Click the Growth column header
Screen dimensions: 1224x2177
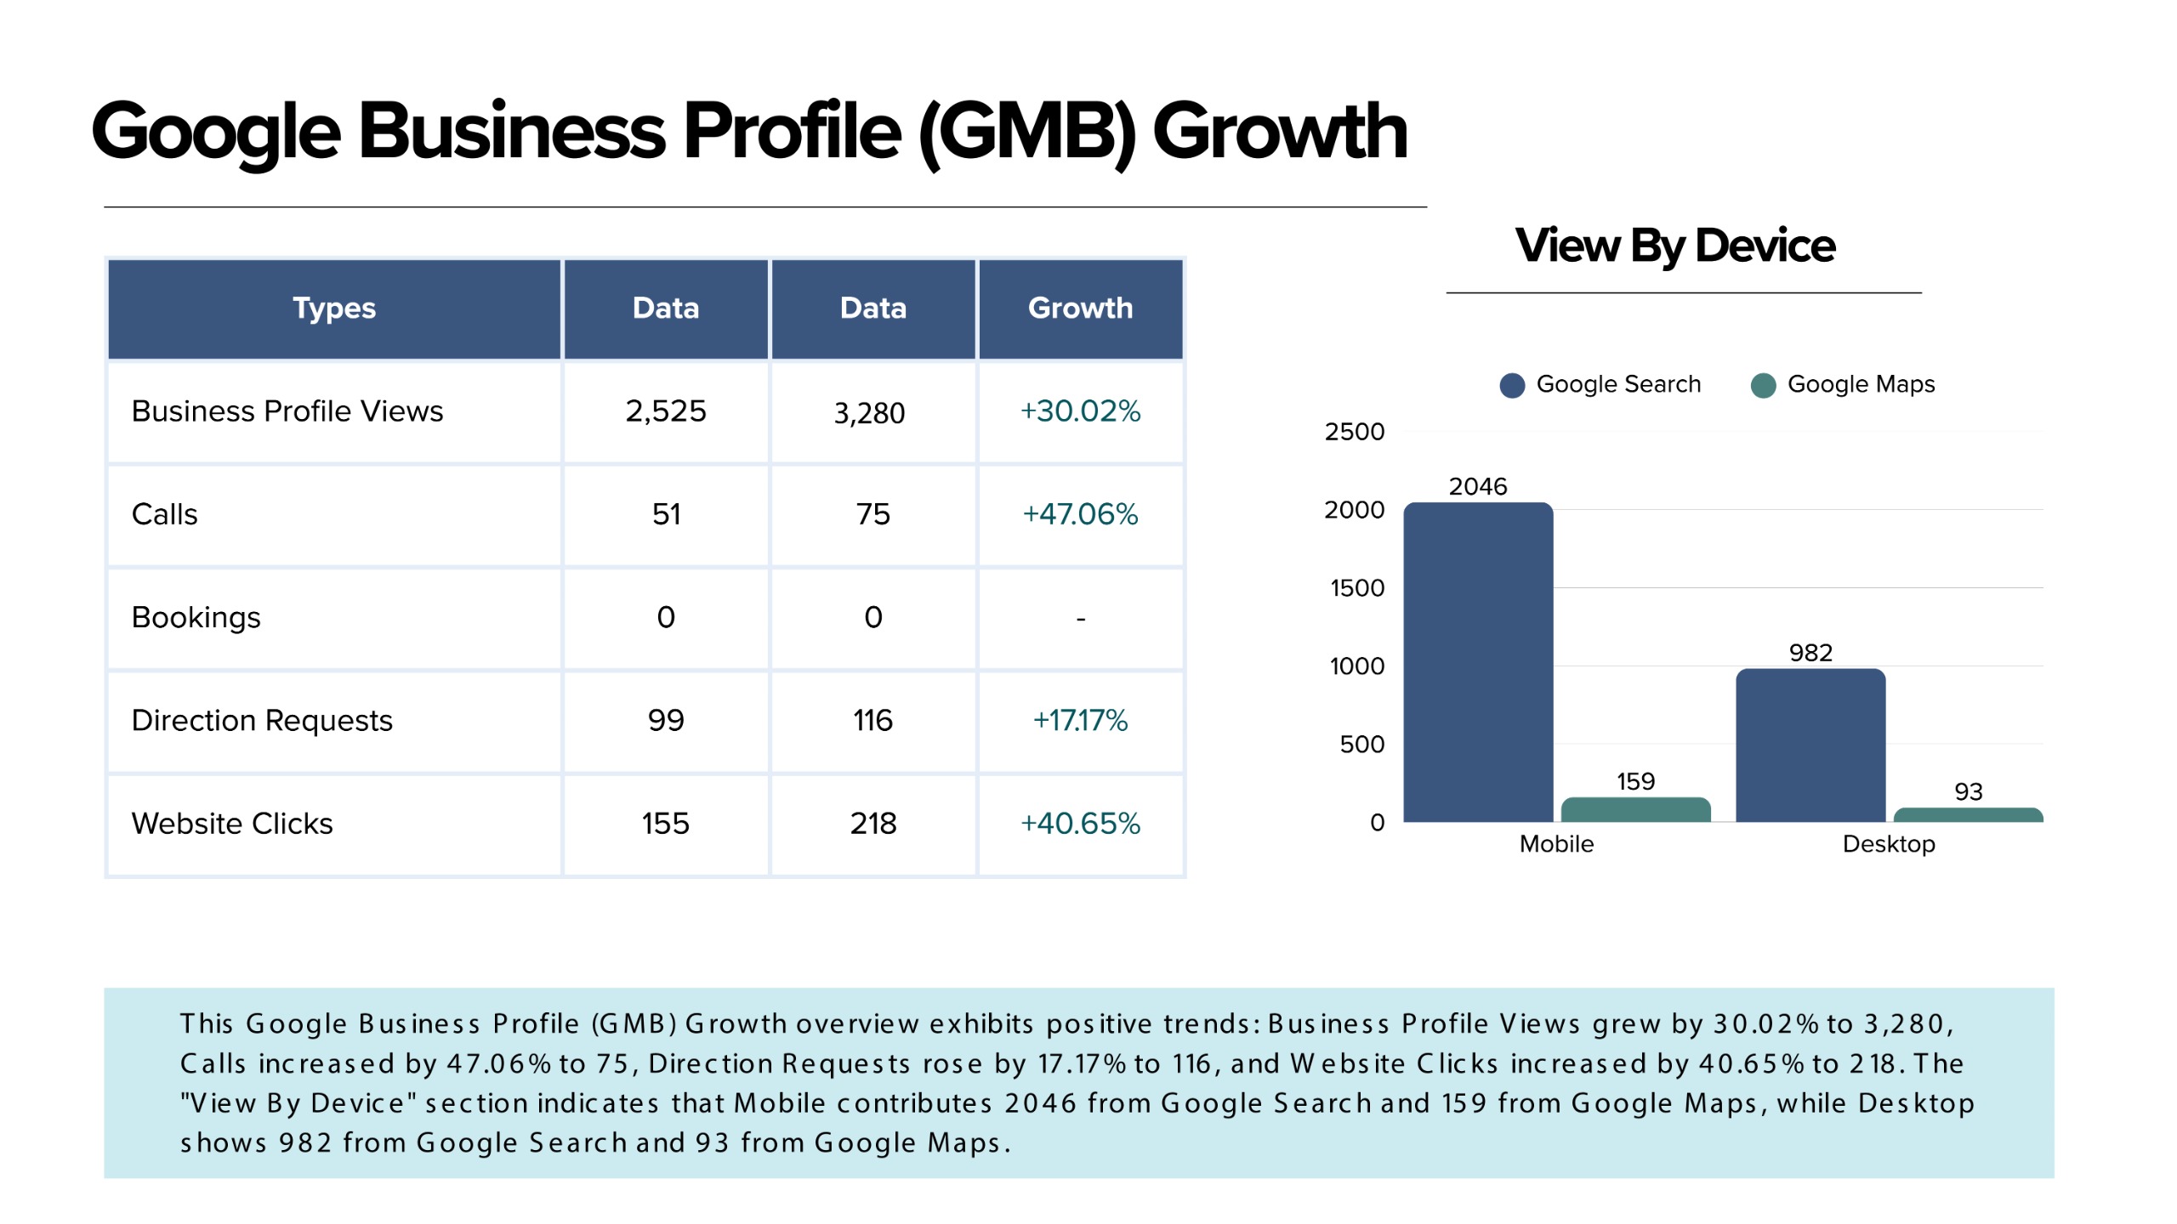(x=1080, y=308)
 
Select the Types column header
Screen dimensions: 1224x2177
(x=334, y=308)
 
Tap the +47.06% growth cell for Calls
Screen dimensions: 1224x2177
(x=1080, y=514)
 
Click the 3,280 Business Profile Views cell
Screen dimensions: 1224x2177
(x=869, y=413)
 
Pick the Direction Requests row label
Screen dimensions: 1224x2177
(x=262, y=721)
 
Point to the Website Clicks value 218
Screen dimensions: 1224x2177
(x=873, y=824)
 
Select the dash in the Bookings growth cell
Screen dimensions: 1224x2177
(x=1081, y=619)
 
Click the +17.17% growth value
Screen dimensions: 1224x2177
(x=1080, y=721)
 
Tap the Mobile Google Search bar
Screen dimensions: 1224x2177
(x=1478, y=663)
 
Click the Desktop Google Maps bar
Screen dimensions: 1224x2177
(x=1968, y=815)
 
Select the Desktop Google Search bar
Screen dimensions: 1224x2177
(x=1810, y=745)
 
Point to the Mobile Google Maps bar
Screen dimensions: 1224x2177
(x=1635, y=810)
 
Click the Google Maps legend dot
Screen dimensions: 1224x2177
(x=1764, y=385)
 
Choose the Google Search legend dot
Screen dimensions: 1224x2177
(x=1512, y=385)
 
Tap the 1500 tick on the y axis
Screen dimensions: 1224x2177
(x=1357, y=588)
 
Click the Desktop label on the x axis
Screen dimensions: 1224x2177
(x=1889, y=844)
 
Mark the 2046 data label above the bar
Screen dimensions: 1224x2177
(x=1478, y=487)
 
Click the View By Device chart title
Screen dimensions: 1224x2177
(x=1675, y=246)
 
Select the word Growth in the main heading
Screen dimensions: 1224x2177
(x=1280, y=132)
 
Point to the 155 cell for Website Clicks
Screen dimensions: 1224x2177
(x=665, y=824)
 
